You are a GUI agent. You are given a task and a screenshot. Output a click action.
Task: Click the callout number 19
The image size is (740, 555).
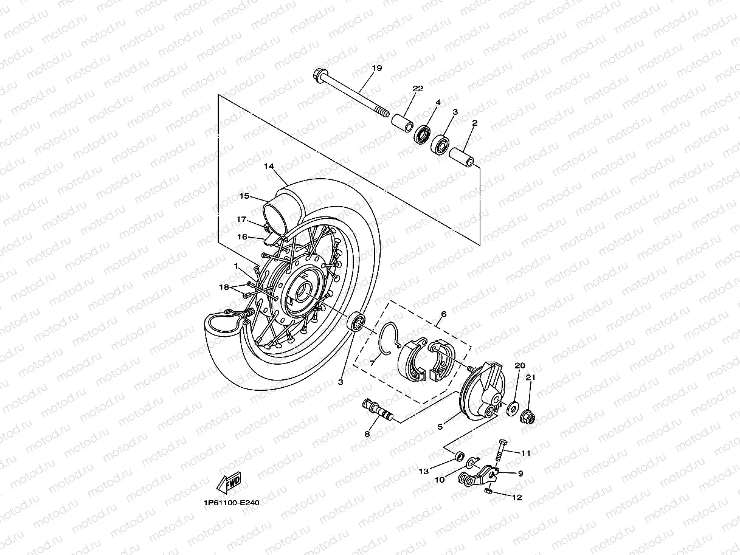376,68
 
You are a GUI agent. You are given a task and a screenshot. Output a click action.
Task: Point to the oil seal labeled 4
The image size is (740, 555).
423,134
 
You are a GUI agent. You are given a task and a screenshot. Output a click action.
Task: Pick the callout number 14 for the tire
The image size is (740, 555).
269,166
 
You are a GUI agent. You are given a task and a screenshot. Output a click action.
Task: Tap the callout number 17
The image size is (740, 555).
241,219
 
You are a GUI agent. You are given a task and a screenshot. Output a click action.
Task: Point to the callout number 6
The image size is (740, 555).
443,314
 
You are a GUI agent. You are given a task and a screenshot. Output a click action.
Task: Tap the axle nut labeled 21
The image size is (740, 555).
529,418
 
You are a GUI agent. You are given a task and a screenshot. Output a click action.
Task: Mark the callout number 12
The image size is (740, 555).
517,497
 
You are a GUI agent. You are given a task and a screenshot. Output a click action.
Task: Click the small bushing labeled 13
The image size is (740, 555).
460,455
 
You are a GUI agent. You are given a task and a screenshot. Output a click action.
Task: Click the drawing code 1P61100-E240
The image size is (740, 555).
232,503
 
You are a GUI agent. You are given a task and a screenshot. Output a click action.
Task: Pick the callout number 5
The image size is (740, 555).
440,427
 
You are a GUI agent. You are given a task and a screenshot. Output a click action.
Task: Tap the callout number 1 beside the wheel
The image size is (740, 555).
236,266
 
